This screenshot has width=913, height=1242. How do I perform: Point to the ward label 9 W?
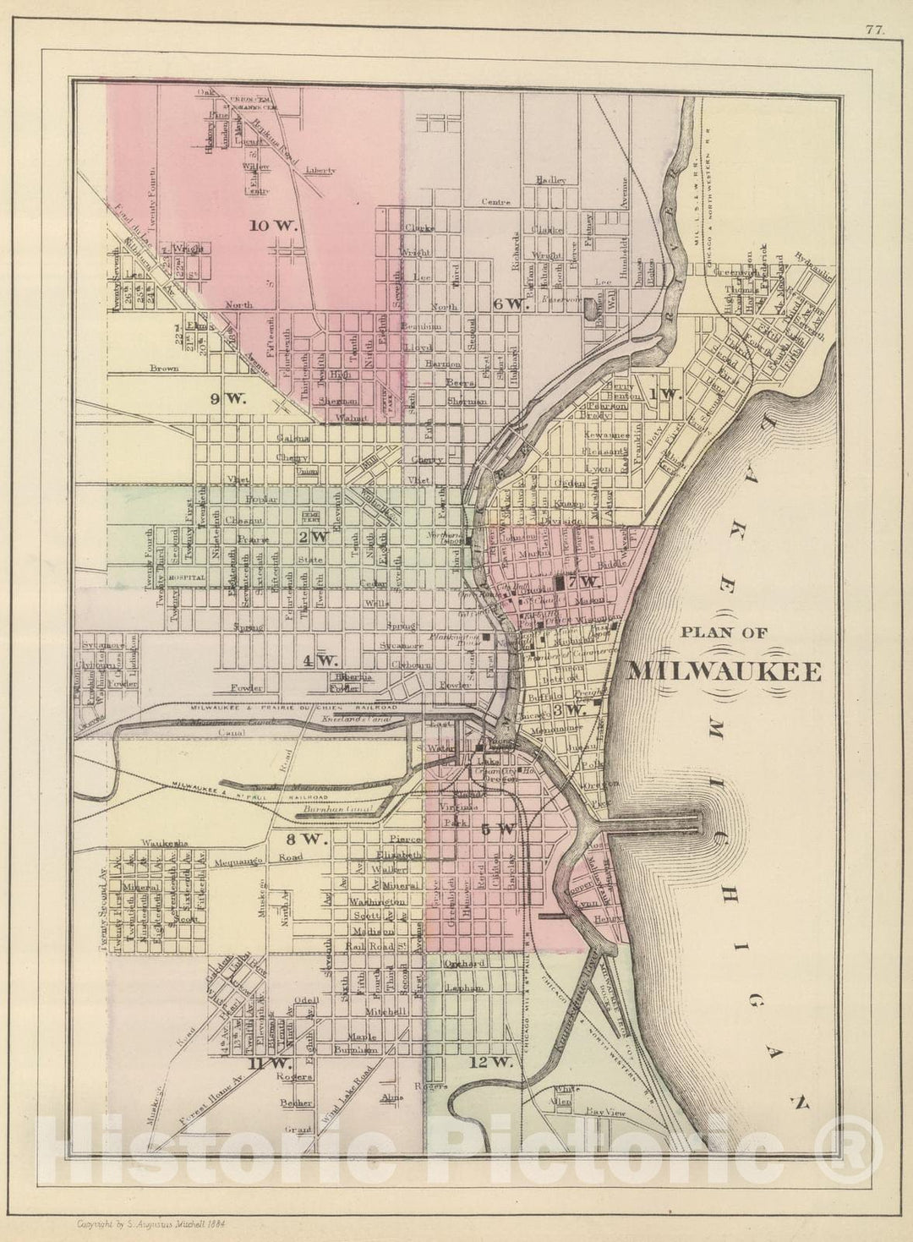[227, 399]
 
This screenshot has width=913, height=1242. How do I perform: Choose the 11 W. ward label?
[269, 1062]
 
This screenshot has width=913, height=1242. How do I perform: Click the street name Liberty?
[320, 171]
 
